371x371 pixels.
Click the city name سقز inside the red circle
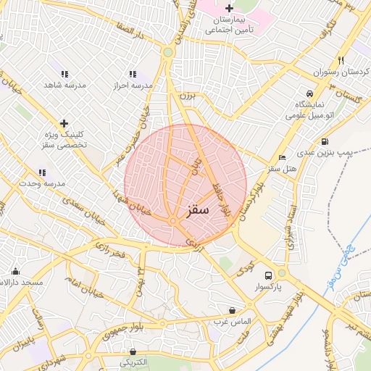coord(196,210)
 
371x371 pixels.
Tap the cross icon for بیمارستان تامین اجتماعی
coord(230,8)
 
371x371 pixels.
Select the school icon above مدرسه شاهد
coord(64,74)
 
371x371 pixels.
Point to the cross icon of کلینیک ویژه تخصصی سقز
coord(64,123)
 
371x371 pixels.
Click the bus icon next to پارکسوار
coord(269,275)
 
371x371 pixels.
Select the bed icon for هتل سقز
coord(282,157)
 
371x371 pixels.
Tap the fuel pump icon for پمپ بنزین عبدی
coord(324,141)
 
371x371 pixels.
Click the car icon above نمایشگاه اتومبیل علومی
coord(309,94)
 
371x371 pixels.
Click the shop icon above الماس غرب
coord(232,309)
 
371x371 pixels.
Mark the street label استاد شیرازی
coord(293,228)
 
